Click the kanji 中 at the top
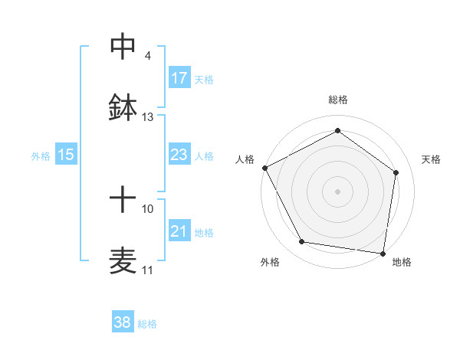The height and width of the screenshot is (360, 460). point(123,47)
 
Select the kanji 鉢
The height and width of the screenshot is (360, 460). point(123,108)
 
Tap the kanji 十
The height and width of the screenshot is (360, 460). point(123,200)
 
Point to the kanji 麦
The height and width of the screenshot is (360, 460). point(123,261)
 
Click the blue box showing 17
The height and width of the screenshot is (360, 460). point(179,78)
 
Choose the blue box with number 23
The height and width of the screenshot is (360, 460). point(179,155)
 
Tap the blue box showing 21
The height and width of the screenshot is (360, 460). point(179,231)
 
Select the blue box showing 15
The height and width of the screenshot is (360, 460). point(66,155)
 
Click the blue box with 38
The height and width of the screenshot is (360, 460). point(123,322)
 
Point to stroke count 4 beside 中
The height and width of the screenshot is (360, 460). point(147,56)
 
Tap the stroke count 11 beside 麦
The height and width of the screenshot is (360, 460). point(147,270)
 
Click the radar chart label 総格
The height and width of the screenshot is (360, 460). point(338,100)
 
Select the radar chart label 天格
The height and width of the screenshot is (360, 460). point(431,159)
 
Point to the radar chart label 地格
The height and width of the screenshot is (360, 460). point(402,263)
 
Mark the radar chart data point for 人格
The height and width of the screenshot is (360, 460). point(265,168)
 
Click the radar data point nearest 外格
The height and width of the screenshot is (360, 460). point(302,243)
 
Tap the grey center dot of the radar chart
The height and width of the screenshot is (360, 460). point(337,191)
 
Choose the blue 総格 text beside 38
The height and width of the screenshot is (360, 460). point(147,324)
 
